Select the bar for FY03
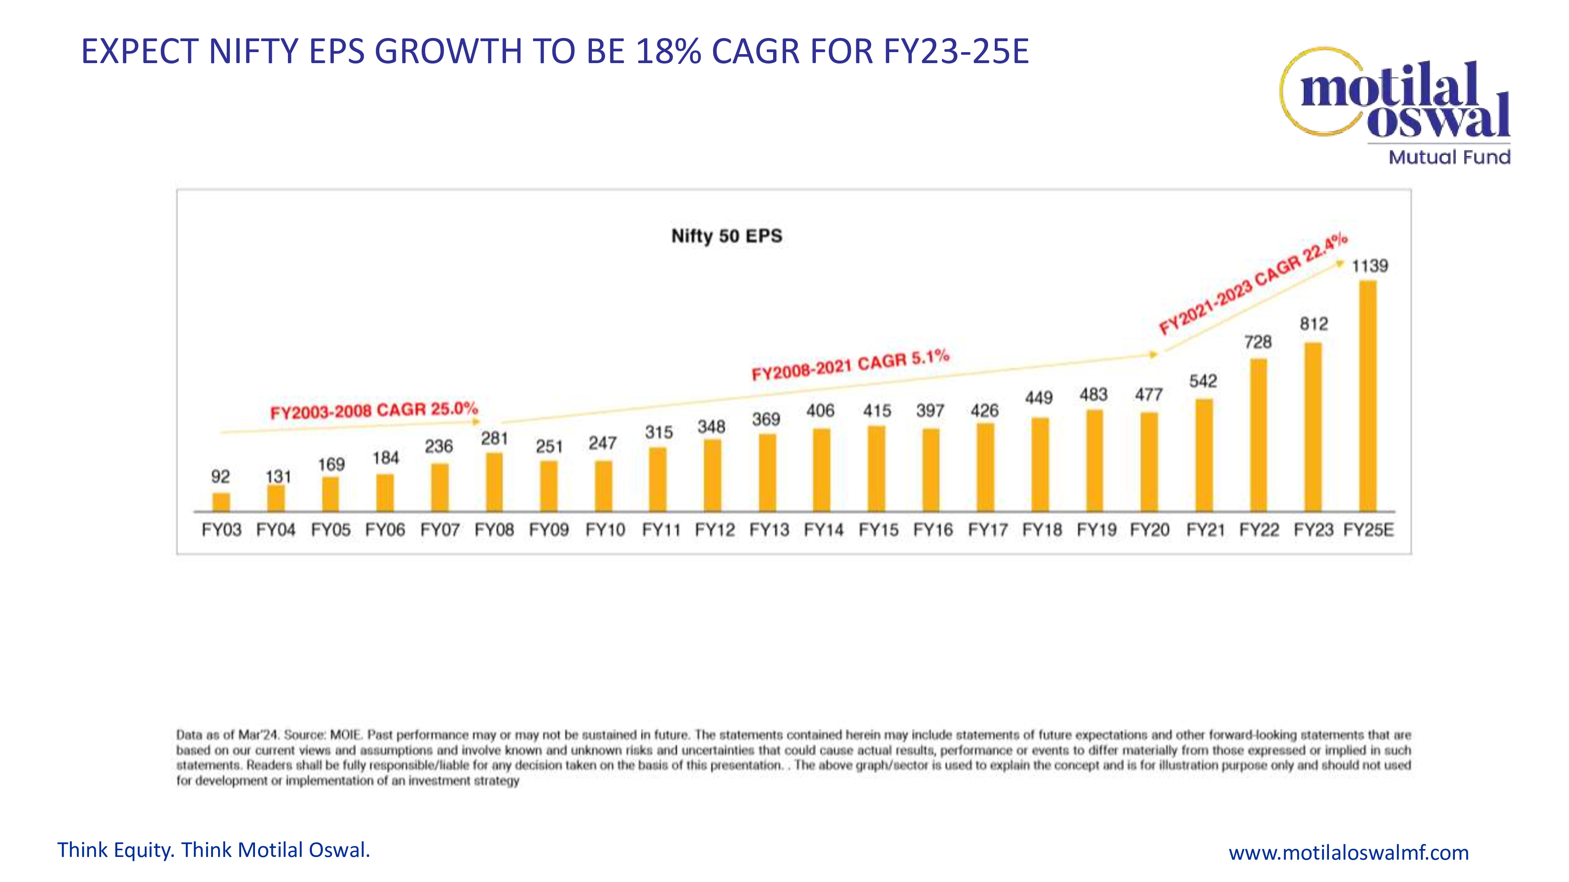click(221, 502)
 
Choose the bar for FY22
click(1258, 435)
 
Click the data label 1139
click(1370, 266)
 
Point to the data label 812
click(1314, 324)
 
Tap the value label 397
click(930, 411)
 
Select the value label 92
click(220, 477)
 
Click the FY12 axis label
click(715, 530)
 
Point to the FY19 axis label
click(1096, 530)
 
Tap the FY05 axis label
click(331, 530)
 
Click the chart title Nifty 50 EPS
click(726, 236)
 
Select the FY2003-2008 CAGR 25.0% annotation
click(374, 410)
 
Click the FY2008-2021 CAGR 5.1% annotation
click(850, 365)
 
